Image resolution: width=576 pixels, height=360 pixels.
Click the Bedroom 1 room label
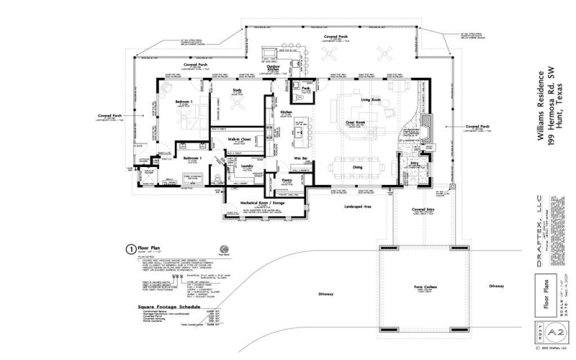click(x=185, y=102)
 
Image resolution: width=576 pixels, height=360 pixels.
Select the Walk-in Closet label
click(x=240, y=138)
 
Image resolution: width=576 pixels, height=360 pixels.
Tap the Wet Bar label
click(x=302, y=158)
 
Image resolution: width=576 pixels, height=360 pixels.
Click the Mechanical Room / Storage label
click(x=271, y=203)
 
